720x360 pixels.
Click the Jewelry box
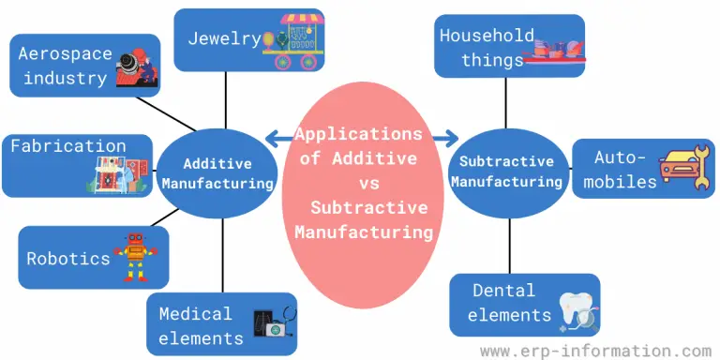point(249,41)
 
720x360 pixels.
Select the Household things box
point(508,46)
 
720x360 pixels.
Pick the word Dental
point(503,292)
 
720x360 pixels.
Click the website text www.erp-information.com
point(595,350)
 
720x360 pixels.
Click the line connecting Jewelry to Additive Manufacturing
point(225,102)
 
